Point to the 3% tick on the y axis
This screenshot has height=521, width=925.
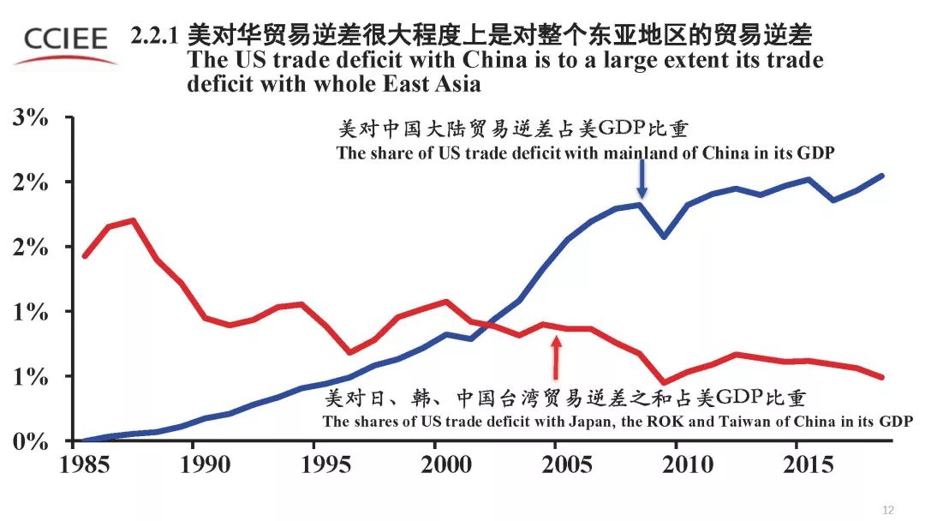[x=31, y=118]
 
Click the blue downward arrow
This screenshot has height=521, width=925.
[x=642, y=181]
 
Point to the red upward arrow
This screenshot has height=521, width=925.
[x=556, y=356]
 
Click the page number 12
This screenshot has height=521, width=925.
[x=888, y=511]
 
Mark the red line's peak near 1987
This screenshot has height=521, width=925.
[x=133, y=219]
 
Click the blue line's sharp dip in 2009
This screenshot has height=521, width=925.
[x=664, y=236]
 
